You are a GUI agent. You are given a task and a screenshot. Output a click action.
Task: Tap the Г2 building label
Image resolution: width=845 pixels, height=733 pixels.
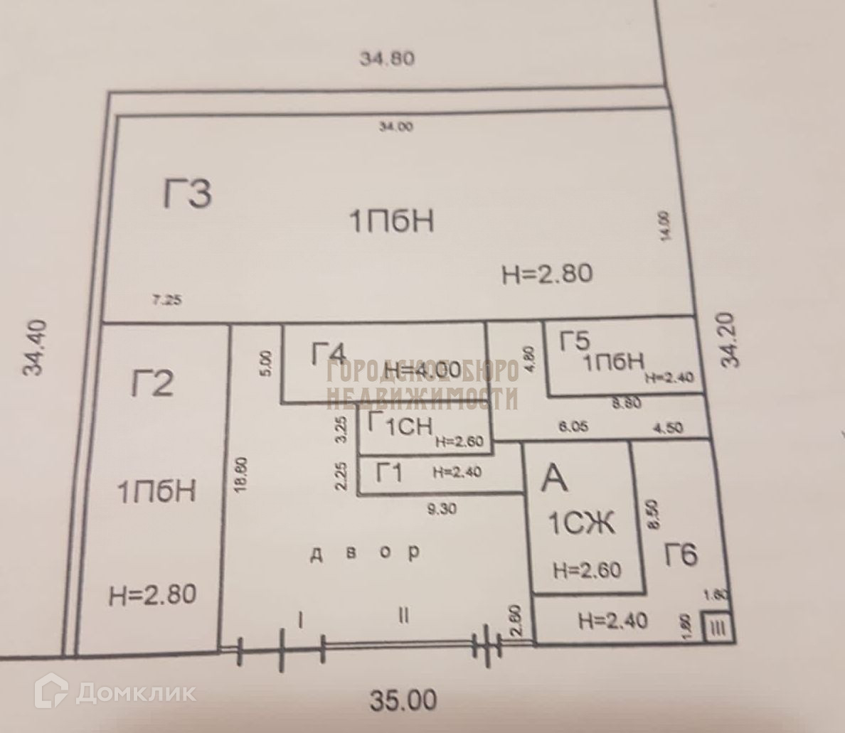(152, 384)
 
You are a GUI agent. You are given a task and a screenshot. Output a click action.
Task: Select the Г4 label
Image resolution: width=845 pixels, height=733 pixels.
(328, 353)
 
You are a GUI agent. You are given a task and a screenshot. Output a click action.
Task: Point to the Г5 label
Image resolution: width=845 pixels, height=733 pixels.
(575, 342)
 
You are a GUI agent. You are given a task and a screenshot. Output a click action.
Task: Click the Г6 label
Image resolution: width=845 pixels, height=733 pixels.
(681, 554)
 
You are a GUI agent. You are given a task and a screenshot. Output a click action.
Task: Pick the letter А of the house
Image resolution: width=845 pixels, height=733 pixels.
(555, 477)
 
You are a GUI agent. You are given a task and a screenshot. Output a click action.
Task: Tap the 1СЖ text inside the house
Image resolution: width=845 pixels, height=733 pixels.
(580, 525)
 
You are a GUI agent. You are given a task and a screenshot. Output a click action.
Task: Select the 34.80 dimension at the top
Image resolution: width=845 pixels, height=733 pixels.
(387, 58)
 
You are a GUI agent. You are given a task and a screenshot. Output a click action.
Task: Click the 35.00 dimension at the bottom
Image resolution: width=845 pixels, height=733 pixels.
(403, 701)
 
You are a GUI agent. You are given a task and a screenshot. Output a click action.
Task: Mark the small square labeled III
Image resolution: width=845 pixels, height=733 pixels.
(716, 628)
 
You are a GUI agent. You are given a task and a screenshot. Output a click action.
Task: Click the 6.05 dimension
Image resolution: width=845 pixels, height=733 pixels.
(573, 428)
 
